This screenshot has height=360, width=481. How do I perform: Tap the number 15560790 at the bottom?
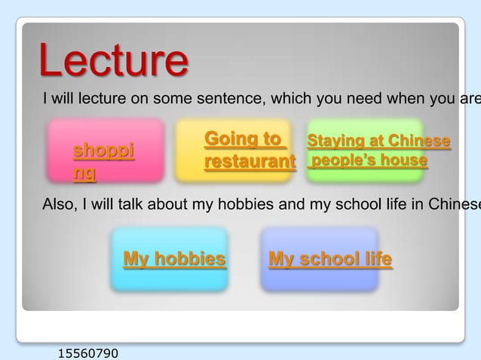(87, 352)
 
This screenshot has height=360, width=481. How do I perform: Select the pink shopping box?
(105, 151)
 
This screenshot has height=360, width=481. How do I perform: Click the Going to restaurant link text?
(248, 151)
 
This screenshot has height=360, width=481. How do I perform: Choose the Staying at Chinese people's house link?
(378, 151)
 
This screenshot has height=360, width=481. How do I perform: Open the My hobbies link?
(174, 260)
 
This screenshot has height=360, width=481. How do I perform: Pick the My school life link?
(330, 260)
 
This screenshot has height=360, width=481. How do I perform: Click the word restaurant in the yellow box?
(250, 162)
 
